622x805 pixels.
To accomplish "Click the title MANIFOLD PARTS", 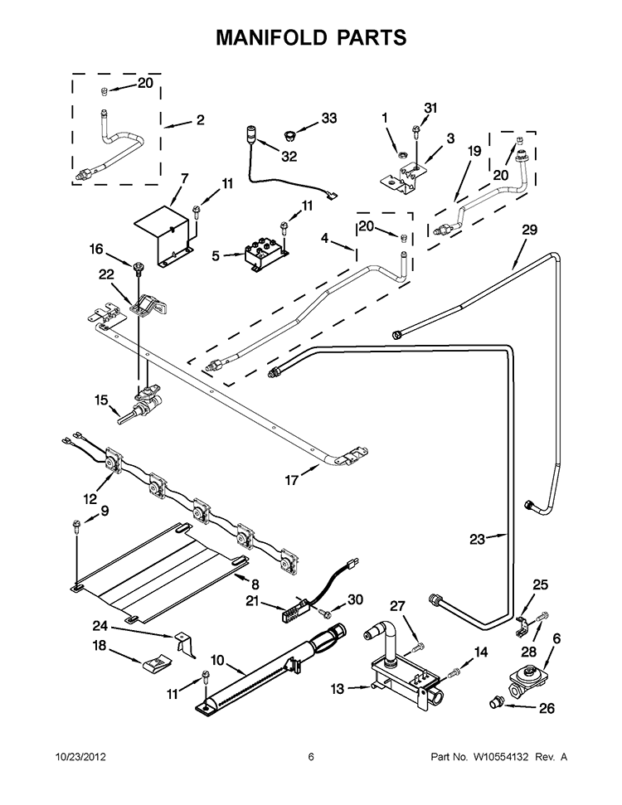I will (311, 37).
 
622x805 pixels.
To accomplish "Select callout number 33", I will (329, 119).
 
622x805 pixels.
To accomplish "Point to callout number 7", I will (184, 178).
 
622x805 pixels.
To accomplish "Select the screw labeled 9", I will (76, 525).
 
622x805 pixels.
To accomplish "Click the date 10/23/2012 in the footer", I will (80, 756).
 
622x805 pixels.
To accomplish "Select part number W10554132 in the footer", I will (509, 756).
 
